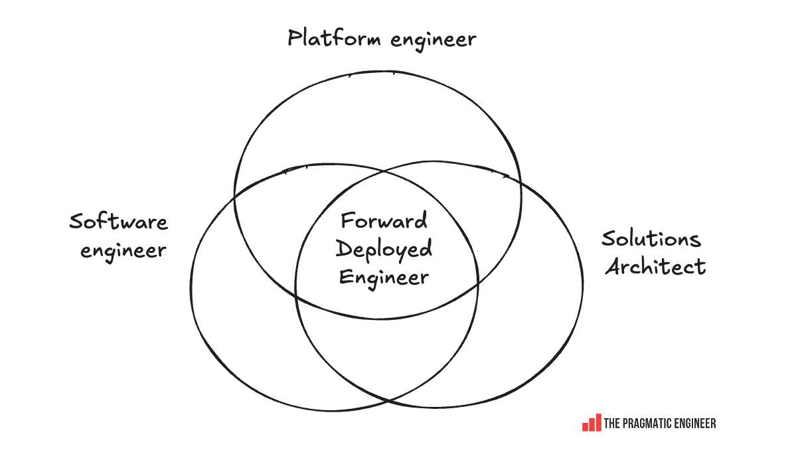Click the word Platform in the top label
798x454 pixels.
coord(334,38)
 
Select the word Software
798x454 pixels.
coord(119,222)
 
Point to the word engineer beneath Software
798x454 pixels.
coord(123,252)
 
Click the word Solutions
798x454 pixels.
coord(651,238)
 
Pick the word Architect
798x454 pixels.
coord(655,266)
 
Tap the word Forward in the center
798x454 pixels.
coord(384,220)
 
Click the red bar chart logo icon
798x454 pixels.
coord(592,423)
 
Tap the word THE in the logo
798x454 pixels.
coord(612,423)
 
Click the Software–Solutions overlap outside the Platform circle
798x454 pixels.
coord(386,352)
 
